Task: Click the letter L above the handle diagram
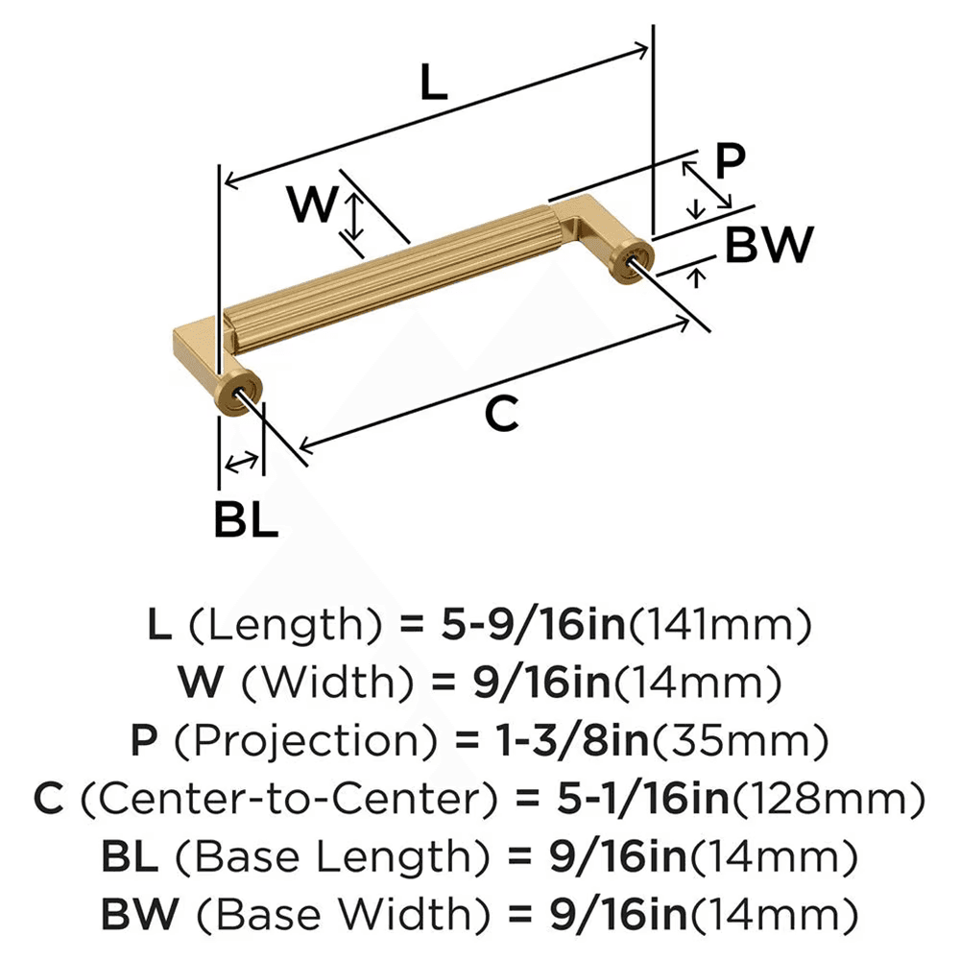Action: [433, 84]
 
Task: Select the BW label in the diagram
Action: [768, 247]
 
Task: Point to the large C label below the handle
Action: [501, 414]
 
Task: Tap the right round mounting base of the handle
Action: [634, 259]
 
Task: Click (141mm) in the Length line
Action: [719, 627]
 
